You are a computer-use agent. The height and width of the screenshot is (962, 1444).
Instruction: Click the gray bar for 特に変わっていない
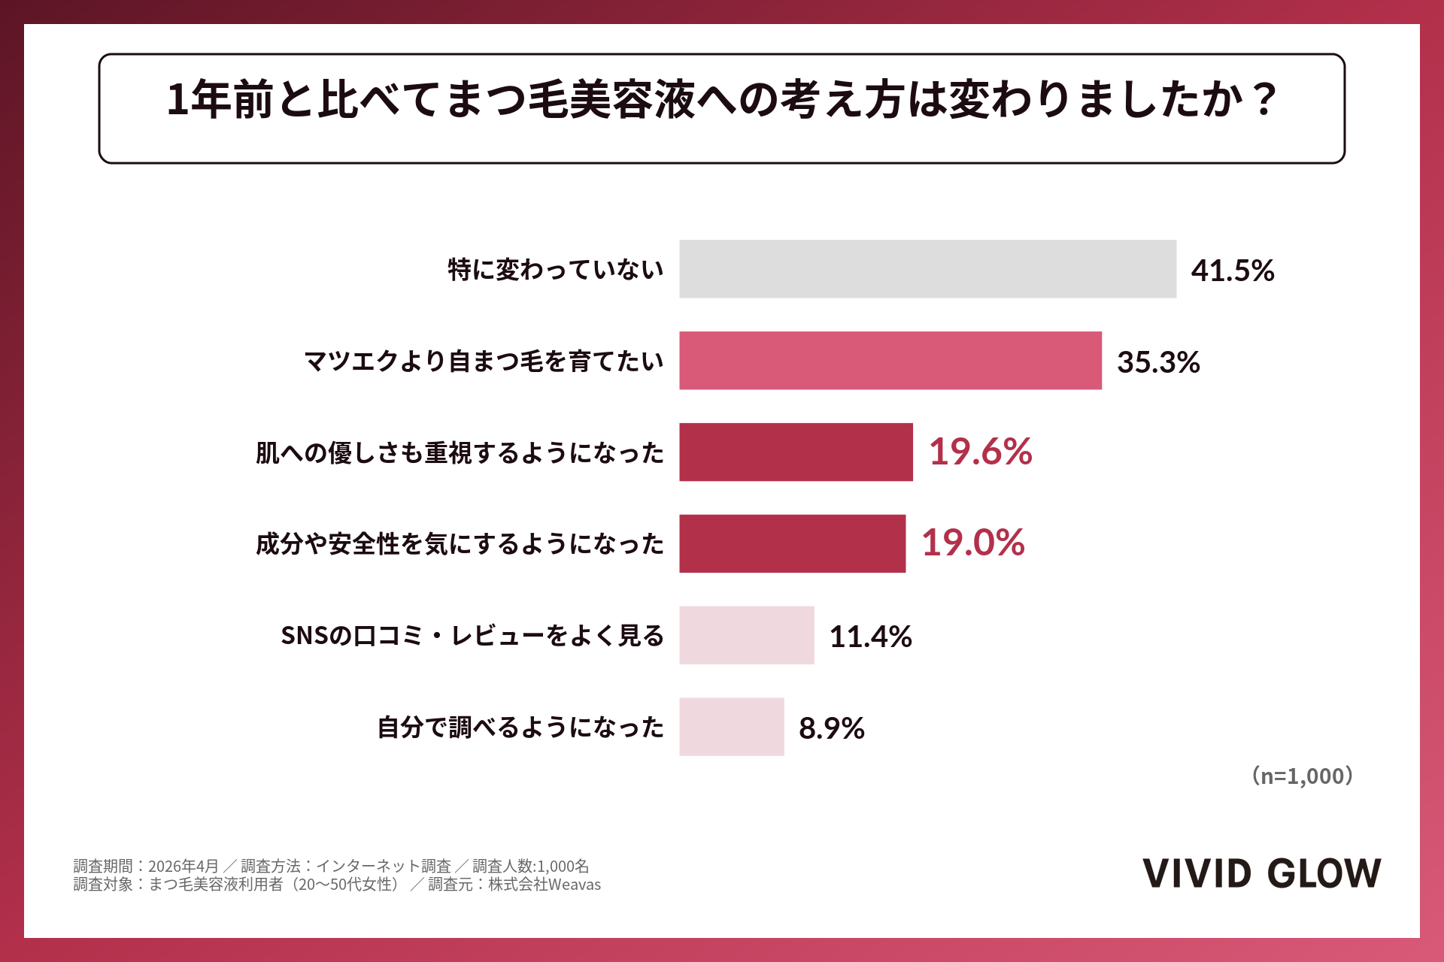927,269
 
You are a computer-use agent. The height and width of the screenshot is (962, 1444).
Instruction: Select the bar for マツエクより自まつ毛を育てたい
890,361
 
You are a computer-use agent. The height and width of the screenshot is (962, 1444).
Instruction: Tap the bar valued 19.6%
796,452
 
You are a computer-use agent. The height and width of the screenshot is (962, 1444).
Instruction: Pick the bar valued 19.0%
792,543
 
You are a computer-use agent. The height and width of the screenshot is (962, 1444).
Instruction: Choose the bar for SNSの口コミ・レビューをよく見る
747,635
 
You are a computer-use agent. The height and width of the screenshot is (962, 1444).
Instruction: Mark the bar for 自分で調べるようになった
732,727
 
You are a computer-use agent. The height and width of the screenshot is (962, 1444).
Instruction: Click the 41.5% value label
1233,271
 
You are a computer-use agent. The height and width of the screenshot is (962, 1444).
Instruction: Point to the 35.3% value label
1158,362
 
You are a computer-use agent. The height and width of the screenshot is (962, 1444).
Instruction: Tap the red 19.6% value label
981,452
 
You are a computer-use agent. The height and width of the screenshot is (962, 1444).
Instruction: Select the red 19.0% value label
973,543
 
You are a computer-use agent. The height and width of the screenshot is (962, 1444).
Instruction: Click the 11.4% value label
871,637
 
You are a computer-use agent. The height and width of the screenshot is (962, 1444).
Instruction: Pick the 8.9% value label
832,728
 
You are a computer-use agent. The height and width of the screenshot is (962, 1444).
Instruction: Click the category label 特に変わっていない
556,269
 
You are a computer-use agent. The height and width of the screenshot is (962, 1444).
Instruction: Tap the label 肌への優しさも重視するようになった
460,452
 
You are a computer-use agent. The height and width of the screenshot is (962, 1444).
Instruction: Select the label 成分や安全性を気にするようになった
460,543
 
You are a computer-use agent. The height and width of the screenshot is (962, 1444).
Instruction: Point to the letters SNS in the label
305,636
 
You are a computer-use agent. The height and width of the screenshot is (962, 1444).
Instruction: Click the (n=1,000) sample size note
1303,776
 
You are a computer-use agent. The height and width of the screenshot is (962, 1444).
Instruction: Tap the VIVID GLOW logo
1262,873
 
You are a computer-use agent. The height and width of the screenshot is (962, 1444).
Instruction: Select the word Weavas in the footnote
575,885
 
